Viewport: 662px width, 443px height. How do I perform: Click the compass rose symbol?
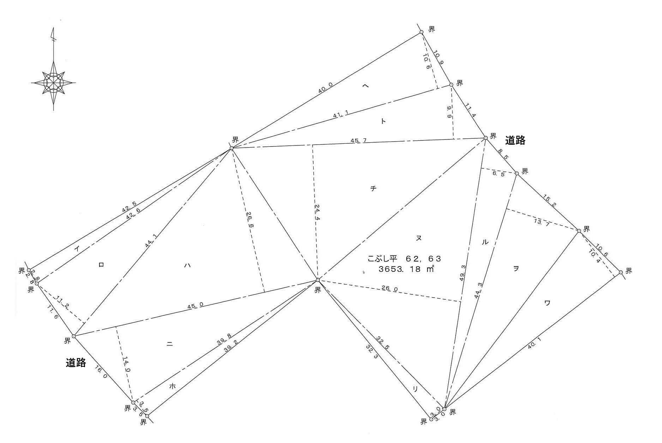(54, 83)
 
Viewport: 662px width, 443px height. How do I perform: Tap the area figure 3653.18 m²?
(406, 269)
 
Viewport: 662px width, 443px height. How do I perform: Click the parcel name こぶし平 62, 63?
(404, 259)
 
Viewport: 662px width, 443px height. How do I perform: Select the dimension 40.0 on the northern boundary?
(325, 88)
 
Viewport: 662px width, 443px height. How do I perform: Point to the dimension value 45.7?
(358, 140)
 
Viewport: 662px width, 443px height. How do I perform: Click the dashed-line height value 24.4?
(317, 212)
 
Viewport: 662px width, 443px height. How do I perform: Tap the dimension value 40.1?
(534, 343)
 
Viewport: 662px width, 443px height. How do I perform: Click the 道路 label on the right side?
(515, 140)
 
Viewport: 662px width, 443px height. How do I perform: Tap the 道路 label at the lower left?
(76, 363)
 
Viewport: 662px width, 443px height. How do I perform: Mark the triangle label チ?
(373, 188)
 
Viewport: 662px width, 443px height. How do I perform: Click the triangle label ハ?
(187, 266)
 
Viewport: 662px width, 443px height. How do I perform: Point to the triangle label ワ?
(547, 303)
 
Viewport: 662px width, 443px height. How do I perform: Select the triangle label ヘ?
(366, 86)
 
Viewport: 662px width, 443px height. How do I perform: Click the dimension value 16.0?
(101, 372)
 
